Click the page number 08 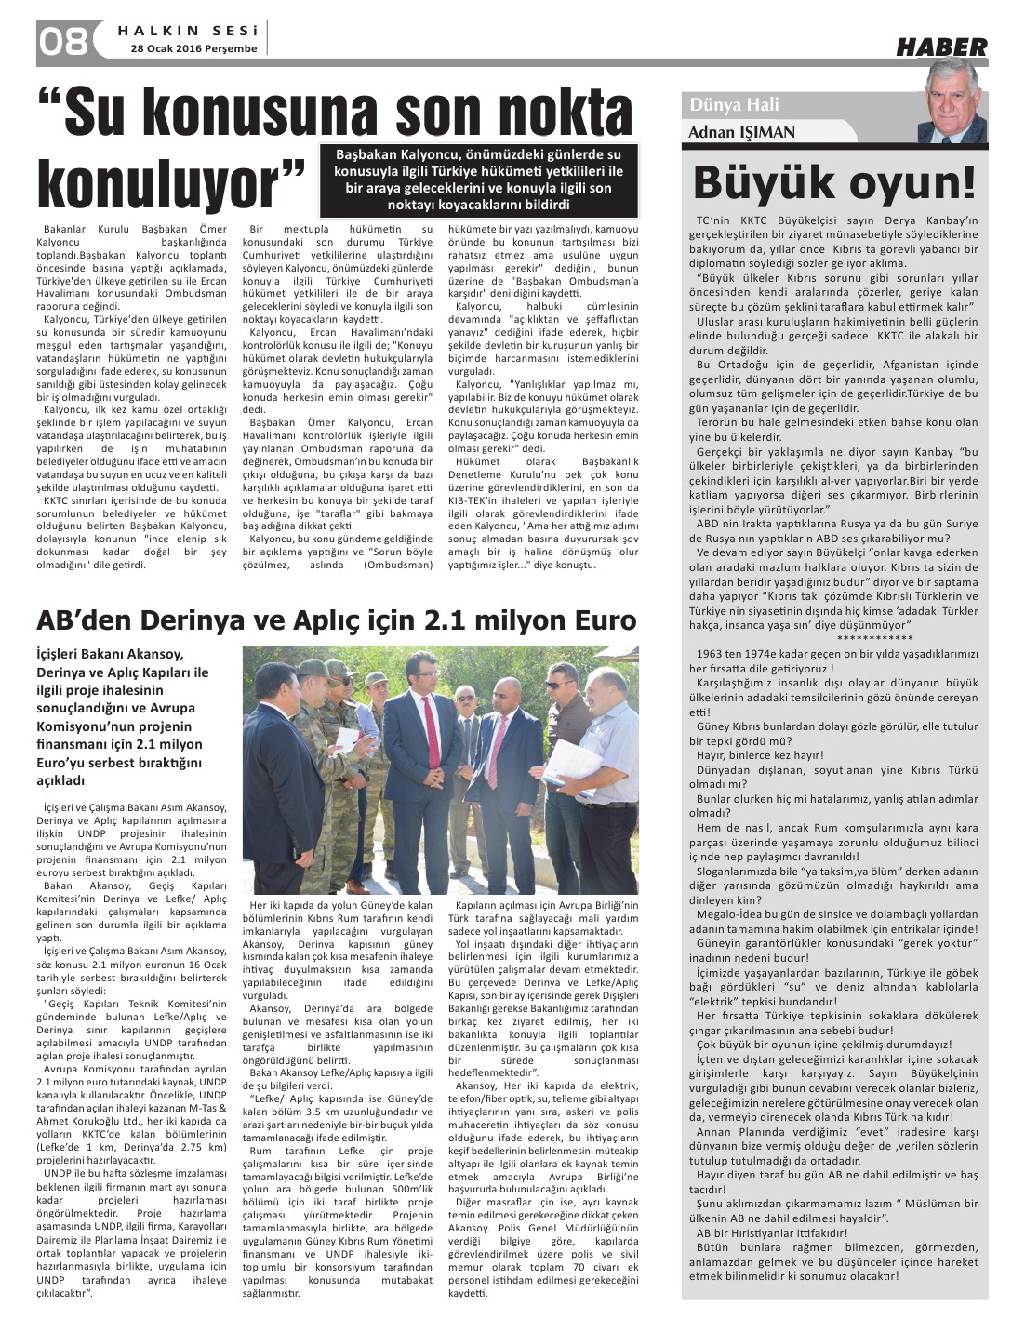pyautogui.click(x=62, y=41)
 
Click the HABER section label pyautogui.click(x=941, y=47)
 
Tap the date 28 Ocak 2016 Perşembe pyautogui.click(x=193, y=48)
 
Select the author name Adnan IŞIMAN pyautogui.click(x=741, y=132)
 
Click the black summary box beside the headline pyautogui.click(x=478, y=180)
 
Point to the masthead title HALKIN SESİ pyautogui.click(x=188, y=30)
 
